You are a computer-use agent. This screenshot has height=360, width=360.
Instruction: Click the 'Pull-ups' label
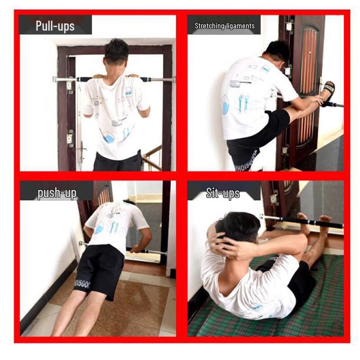click(x=55, y=25)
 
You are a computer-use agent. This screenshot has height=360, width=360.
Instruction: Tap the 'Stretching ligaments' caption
click(x=225, y=26)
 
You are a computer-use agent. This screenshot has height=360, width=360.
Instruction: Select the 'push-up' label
click(x=57, y=193)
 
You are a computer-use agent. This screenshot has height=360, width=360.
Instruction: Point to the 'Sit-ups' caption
click(x=223, y=193)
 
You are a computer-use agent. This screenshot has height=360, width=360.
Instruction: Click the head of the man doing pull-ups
click(x=116, y=52)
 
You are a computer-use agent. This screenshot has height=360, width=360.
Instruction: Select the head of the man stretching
click(x=277, y=52)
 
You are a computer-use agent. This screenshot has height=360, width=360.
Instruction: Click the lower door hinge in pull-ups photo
click(x=70, y=138)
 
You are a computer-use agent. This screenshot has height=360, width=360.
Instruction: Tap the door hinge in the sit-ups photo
click(x=274, y=198)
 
